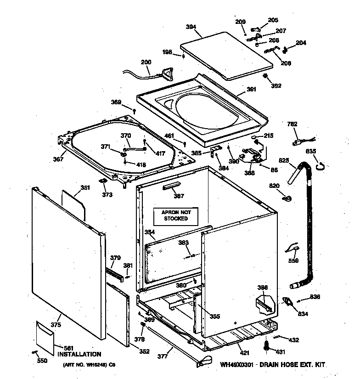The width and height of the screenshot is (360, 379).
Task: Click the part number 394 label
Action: click(x=191, y=27)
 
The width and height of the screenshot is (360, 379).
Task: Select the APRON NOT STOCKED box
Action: click(x=175, y=215)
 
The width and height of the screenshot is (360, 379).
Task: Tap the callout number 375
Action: click(x=56, y=325)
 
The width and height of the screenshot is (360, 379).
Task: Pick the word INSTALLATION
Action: click(x=79, y=354)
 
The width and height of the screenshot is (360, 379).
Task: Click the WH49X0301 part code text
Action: click(x=237, y=365)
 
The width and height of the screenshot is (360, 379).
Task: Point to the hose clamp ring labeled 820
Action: click(x=288, y=198)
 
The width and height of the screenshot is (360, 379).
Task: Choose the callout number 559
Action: click(x=293, y=261)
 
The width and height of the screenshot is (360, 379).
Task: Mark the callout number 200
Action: click(x=146, y=62)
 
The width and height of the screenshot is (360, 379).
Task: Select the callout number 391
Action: click(x=251, y=90)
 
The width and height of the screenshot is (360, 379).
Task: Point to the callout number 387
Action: click(x=178, y=196)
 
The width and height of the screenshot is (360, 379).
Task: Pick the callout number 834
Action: click(x=303, y=314)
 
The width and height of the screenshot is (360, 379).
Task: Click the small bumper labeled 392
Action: click(x=266, y=76)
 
